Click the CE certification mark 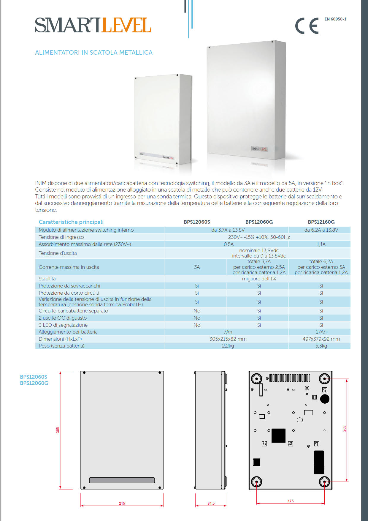(x=307, y=26)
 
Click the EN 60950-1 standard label (x=335, y=19)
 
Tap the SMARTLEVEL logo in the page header (x=93, y=25)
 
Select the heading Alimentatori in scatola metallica (x=94, y=53)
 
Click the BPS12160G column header (x=321, y=222)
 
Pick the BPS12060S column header (x=197, y=222)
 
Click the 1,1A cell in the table (x=321, y=244)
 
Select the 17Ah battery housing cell (x=321, y=332)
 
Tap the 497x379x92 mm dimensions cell (x=321, y=339)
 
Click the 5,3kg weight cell (x=321, y=346)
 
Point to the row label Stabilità (x=47, y=279)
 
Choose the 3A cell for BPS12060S (x=197, y=267)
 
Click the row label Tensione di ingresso (x=61, y=237)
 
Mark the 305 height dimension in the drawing (x=58, y=430)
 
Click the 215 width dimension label (x=122, y=503)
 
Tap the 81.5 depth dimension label (x=211, y=503)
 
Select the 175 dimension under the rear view (x=291, y=501)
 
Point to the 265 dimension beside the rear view (x=345, y=429)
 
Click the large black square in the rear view (x=278, y=435)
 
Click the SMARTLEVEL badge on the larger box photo (x=260, y=149)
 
